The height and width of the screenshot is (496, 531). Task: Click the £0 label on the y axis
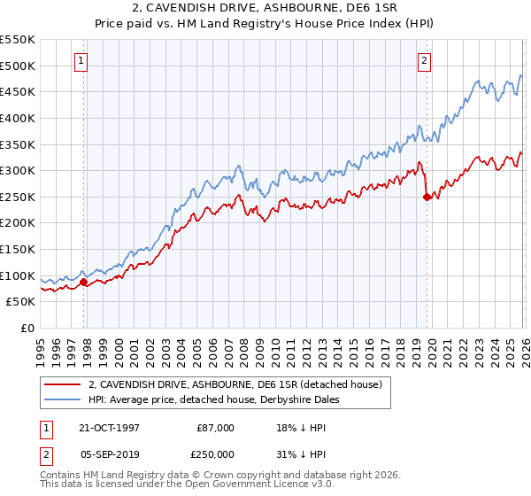pos(27,329)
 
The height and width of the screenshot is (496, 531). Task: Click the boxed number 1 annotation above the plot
pos(81,61)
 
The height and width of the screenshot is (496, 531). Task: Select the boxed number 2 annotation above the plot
pos(425,61)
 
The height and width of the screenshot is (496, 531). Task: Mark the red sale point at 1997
pos(84,283)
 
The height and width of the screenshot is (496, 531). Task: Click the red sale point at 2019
pos(427,197)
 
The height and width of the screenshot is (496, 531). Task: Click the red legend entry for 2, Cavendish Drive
pos(235,384)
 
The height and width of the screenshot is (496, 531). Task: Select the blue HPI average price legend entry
pos(214,400)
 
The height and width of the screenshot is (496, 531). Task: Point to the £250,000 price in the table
pos(216,453)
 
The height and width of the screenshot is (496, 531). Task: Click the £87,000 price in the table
pos(216,428)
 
